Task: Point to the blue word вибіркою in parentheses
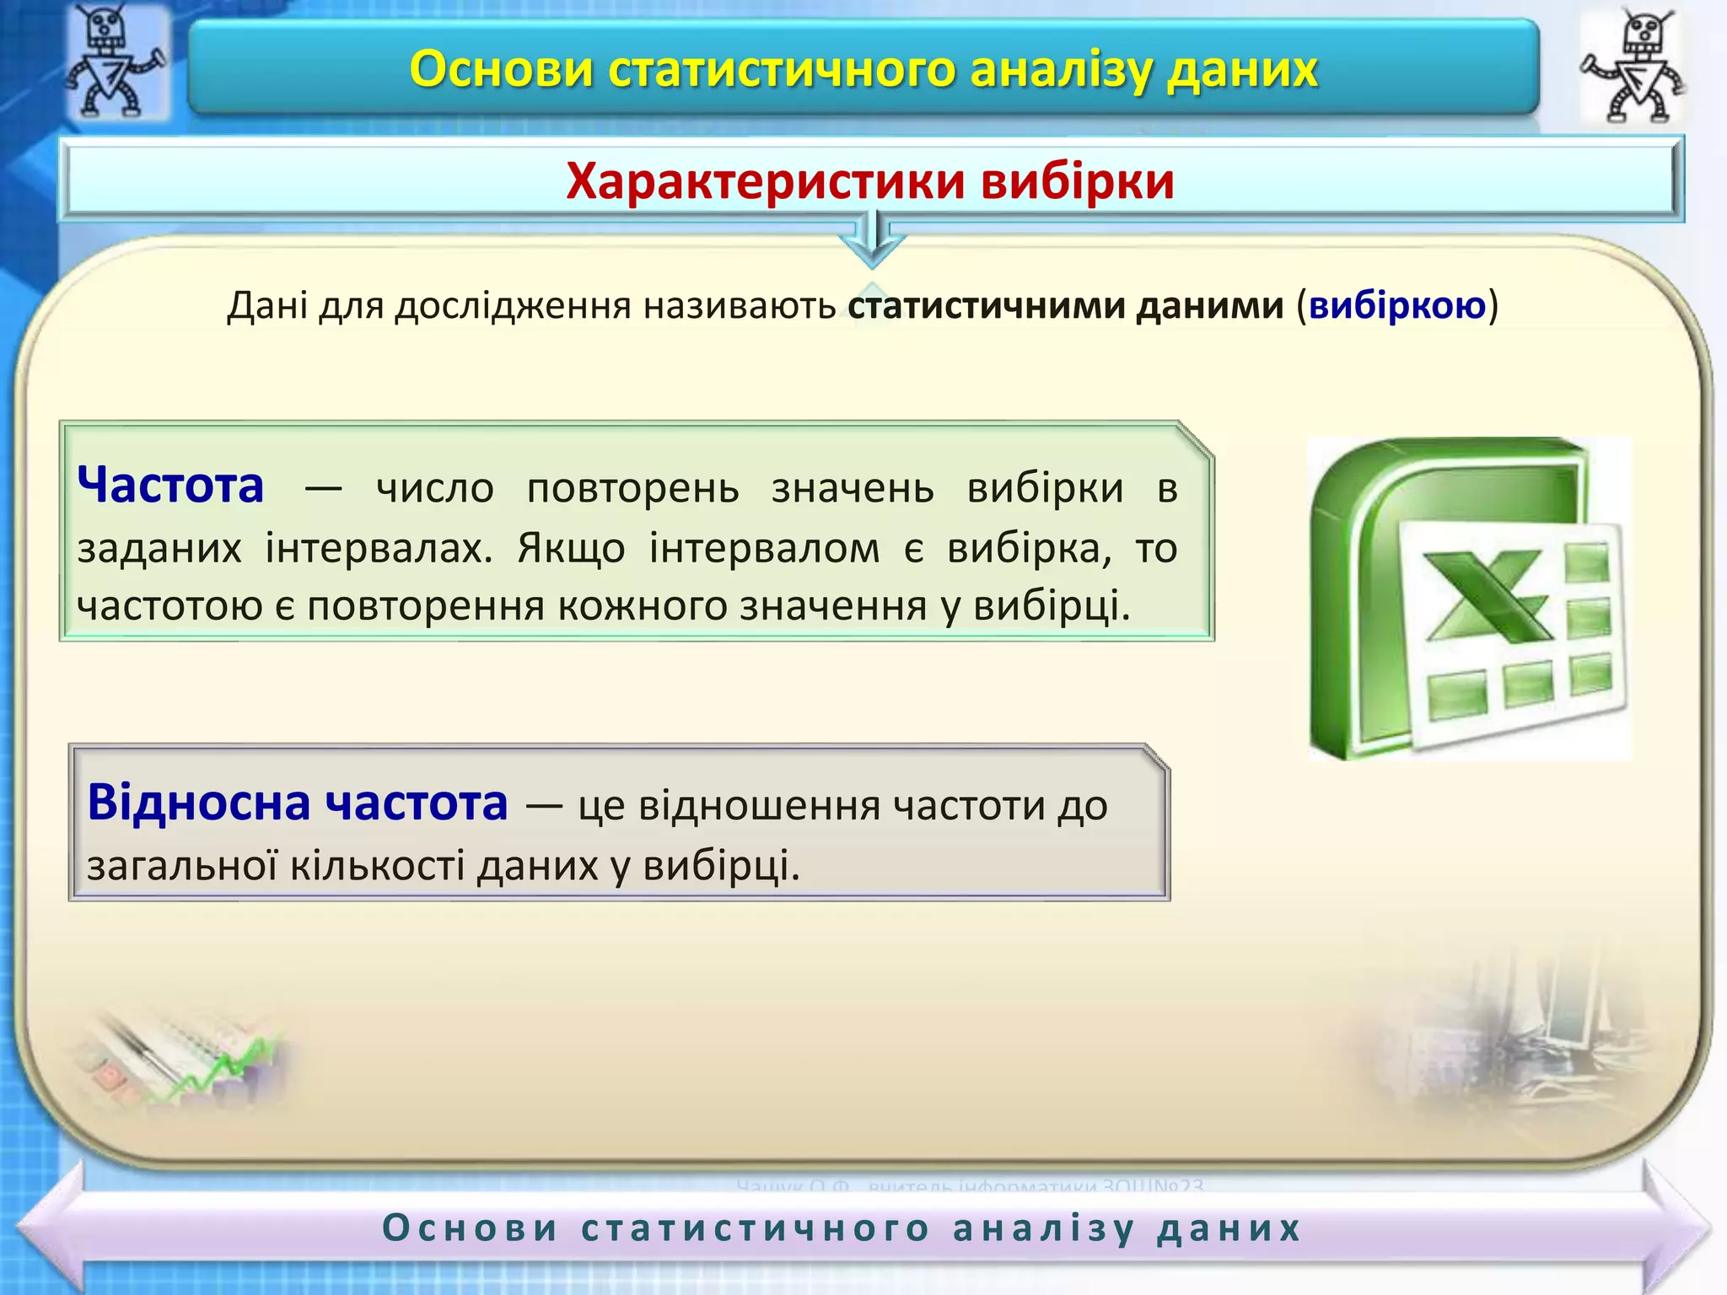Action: [1396, 305]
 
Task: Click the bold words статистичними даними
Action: [1065, 305]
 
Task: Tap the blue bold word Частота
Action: [170, 486]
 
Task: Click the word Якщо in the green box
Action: [571, 548]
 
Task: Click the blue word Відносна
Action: [199, 802]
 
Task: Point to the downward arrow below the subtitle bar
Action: [874, 240]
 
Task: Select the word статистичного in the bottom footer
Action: [756, 1228]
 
